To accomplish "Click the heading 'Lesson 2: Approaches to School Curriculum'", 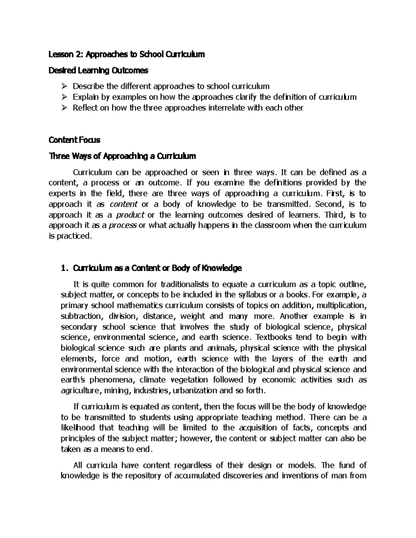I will click(127, 54).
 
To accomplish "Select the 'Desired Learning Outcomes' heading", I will click(98, 71).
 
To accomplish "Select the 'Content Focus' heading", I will click(75, 140).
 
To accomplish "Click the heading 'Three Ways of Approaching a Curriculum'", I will click(122, 156).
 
